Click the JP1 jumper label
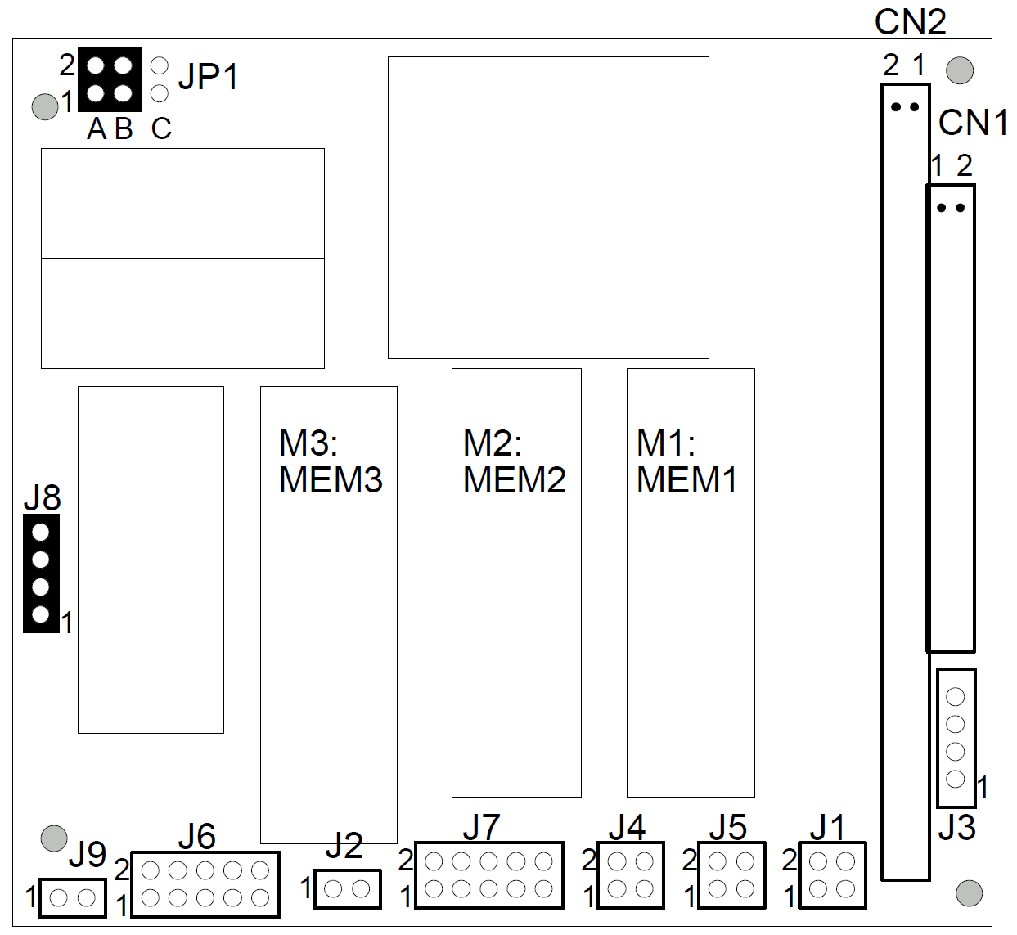tap(208, 77)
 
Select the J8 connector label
tap(42, 497)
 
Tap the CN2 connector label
tap(910, 22)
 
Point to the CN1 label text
tap(973, 123)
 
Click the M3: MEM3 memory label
tap(330, 461)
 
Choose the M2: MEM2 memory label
tap(514, 461)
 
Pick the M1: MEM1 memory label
tap(686, 461)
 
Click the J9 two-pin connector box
tap(72, 898)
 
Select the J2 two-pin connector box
tap(348, 888)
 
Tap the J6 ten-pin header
tap(205, 884)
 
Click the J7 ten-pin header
tap(489, 875)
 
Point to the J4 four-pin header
tap(631, 875)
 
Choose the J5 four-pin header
tap(731, 875)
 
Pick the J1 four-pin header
tap(832, 875)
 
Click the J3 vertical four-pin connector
tap(956, 738)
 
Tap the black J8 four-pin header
tap(41, 573)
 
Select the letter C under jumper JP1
tap(161, 128)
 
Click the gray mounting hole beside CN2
tap(960, 70)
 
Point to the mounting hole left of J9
tap(54, 838)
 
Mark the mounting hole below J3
tap(969, 893)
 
